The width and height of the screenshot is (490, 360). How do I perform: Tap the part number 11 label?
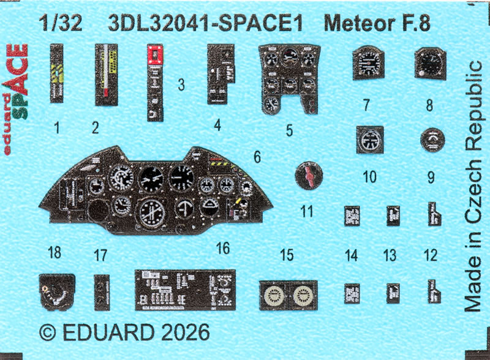click(x=307, y=211)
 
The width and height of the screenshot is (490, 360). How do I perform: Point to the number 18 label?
click(x=55, y=252)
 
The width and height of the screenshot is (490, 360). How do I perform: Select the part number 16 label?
click(x=223, y=247)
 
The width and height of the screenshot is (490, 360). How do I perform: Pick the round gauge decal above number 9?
click(x=432, y=141)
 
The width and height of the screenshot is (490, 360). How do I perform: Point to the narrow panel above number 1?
click(x=59, y=73)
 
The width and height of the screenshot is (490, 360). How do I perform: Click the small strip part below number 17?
click(x=102, y=291)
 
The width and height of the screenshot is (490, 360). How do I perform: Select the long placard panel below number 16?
click(x=184, y=290)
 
